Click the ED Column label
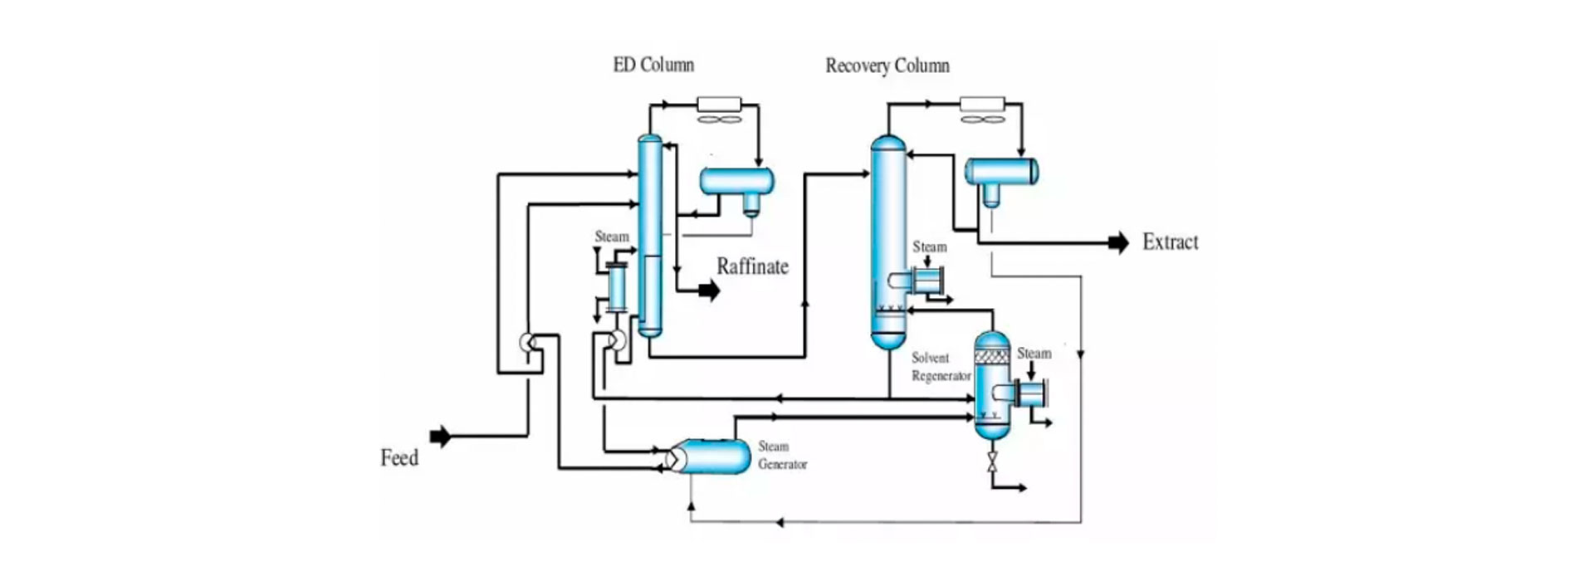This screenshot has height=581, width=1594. coord(653,65)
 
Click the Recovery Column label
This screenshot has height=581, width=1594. coord(887,66)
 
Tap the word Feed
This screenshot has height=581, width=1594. coord(399,458)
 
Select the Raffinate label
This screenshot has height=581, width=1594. coord(752,266)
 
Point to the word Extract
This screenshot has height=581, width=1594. coord(1170,242)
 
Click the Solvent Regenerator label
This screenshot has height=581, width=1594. coord(941,367)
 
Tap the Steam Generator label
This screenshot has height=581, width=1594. coord(782,456)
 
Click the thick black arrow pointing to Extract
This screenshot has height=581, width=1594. coord(1118,242)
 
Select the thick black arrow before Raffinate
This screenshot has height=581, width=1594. coord(708,290)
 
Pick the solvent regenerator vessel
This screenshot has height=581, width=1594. coord(991,386)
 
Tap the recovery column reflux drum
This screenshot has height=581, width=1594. coord(1001,172)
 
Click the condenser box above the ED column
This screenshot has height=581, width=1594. coord(719,105)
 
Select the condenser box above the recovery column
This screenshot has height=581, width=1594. coord(982,105)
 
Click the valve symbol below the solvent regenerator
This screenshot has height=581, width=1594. coord(992,462)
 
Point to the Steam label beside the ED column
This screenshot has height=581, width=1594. coord(612,237)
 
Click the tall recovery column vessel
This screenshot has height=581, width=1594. coord(888,241)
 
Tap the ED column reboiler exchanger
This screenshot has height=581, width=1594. coord(617,287)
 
